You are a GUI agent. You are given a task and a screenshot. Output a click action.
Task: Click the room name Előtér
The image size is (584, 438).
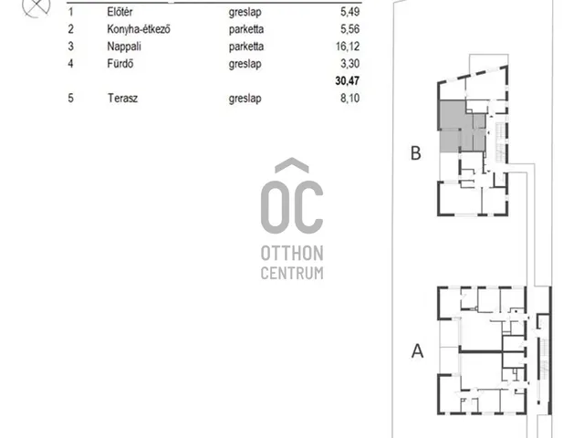[120, 12]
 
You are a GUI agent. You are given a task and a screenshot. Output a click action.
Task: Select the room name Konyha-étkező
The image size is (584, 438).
[139, 29]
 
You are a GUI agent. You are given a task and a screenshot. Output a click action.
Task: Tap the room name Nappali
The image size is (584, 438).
[124, 47]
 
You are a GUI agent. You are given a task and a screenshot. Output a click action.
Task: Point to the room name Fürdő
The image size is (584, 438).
[120, 64]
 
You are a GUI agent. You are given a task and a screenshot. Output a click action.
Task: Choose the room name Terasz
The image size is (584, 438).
[122, 99]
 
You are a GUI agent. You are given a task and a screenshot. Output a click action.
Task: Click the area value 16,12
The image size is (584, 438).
[348, 47]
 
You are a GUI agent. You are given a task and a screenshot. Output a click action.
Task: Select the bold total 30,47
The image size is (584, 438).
[348, 81]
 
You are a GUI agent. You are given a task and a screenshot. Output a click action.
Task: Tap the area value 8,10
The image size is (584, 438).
[350, 99]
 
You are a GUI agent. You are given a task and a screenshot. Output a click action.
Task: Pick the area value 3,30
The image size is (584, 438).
[350, 64]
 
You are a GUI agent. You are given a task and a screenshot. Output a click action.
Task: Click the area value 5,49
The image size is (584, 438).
[350, 12]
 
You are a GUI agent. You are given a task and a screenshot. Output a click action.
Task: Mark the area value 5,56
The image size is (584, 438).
[350, 29]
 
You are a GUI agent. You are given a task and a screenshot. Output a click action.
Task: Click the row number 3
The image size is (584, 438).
[71, 47]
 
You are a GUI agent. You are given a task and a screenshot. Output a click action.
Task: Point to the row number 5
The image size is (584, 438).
[71, 99]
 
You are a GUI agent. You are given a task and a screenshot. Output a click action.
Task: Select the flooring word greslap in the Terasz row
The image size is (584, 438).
[245, 99]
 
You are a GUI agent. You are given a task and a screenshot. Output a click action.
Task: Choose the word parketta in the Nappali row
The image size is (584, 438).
[246, 47]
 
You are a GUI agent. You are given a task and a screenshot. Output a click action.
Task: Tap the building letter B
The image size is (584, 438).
[416, 153]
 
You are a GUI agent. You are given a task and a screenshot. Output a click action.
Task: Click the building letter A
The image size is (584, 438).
[418, 350]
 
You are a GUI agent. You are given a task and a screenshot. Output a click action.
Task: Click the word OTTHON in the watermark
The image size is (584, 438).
[292, 254]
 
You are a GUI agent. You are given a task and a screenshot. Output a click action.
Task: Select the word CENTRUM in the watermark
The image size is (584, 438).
[292, 274]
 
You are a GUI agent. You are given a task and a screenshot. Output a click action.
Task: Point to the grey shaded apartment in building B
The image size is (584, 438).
[462, 127]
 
